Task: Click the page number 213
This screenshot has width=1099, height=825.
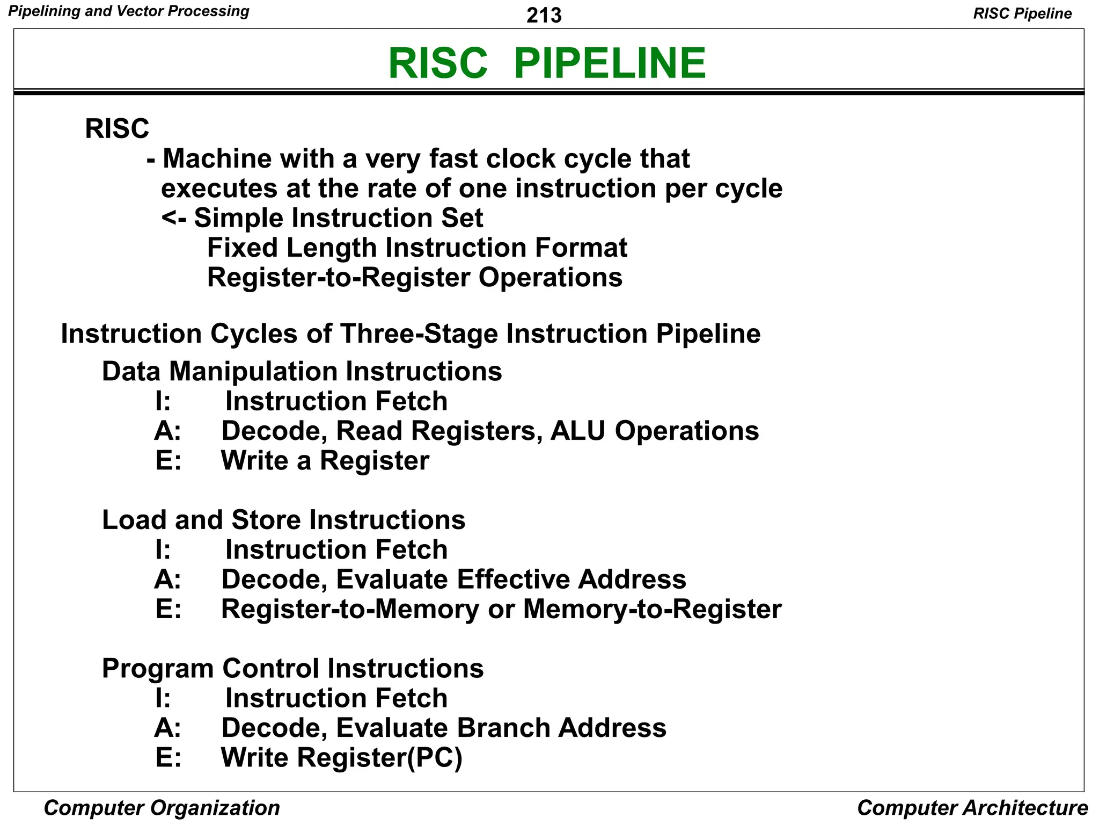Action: point(544,15)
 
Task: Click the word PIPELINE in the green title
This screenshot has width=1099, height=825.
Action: point(610,63)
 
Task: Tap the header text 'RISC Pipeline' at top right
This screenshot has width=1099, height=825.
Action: point(1022,13)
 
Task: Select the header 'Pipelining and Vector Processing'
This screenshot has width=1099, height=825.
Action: point(129,11)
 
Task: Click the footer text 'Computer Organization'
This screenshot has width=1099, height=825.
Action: point(162,807)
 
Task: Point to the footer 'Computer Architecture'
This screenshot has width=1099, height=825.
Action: point(972,807)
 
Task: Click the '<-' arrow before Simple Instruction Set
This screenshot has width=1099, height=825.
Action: point(173,218)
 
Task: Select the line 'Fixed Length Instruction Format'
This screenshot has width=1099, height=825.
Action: point(416,248)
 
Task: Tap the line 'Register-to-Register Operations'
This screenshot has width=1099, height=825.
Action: point(414,278)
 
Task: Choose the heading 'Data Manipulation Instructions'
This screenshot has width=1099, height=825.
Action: point(302,372)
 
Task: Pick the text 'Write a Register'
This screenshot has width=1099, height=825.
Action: point(325,461)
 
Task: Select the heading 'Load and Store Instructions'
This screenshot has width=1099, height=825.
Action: point(283,520)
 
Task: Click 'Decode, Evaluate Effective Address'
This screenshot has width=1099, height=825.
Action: point(453,580)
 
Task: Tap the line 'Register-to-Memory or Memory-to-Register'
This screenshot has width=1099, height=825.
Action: point(501,609)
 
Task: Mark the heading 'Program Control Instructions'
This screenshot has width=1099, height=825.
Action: point(292,669)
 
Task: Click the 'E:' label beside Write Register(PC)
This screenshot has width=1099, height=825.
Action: point(168,758)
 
